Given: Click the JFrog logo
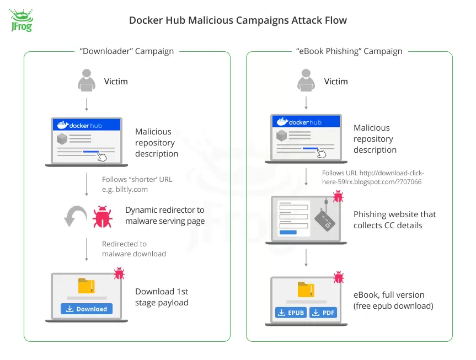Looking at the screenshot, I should pos(21,21).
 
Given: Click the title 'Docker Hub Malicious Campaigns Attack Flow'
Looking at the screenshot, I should pos(238,20).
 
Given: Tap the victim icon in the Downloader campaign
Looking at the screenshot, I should pos(86,81).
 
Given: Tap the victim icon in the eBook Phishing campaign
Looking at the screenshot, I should pos(306,81).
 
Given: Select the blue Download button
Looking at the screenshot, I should pos(87,309).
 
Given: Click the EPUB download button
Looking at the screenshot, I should pos(291,313).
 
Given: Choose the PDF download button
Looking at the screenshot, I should pos(323,313).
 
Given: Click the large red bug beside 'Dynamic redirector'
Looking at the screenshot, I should pos(103,217).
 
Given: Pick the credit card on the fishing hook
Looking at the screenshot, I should pos(326,222).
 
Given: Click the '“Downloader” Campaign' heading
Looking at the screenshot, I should pos(127,51).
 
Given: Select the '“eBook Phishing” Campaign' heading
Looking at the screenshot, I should pos(349,51).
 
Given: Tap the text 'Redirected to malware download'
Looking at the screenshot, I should pos(134,249).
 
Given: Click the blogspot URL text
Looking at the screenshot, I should pos(373,178).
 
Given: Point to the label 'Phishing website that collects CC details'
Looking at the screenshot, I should pos(394,219).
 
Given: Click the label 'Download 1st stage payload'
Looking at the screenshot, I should pos(162,297).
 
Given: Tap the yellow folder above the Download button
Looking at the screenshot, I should pos(87,286).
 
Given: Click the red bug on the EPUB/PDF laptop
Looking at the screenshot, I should pos(338,277).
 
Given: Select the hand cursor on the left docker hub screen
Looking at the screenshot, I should pos(102,157).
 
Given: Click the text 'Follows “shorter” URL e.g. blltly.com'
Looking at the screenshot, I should pos(132,184).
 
